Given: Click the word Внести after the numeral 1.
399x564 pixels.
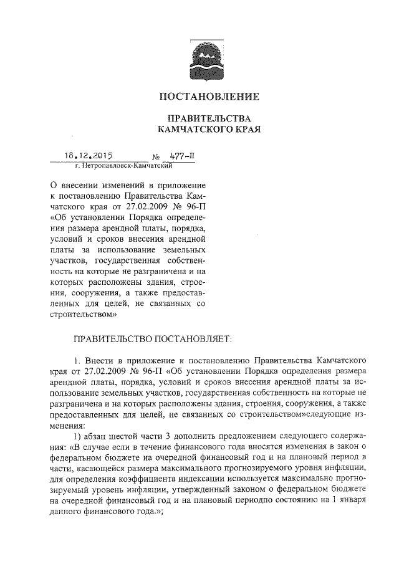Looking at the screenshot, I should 99,360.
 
